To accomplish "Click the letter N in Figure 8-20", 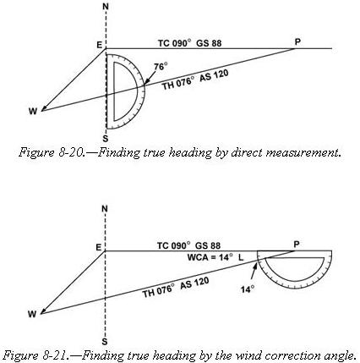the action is pyautogui.click(x=106, y=6).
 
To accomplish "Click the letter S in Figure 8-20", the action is pyautogui.click(x=106, y=139).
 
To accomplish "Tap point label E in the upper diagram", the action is pyautogui.click(x=99, y=45).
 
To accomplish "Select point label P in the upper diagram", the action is pyautogui.click(x=297, y=42).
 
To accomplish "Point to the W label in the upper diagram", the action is pyautogui.click(x=33, y=112).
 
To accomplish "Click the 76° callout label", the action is pyautogui.click(x=161, y=67).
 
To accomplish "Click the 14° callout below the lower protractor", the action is pyautogui.click(x=248, y=289).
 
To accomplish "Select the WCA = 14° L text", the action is pyautogui.click(x=215, y=257).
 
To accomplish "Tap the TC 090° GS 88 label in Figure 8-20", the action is pyautogui.click(x=189, y=43).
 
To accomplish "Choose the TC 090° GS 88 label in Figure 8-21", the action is pyautogui.click(x=188, y=245).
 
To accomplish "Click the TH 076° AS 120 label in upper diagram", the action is pyautogui.click(x=195, y=80).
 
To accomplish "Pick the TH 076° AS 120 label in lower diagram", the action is pyautogui.click(x=176, y=288).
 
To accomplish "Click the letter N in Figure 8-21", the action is pyautogui.click(x=105, y=209).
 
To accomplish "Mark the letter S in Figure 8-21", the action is pyautogui.click(x=105, y=342).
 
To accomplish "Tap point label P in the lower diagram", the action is pyautogui.click(x=297, y=245).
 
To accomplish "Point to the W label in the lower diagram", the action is pyautogui.click(x=32, y=314).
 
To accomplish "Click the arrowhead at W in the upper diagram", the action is pyautogui.click(x=44, y=109).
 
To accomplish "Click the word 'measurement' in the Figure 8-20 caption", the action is pyautogui.click(x=303, y=153).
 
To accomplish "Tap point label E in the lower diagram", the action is pyautogui.click(x=98, y=247).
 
